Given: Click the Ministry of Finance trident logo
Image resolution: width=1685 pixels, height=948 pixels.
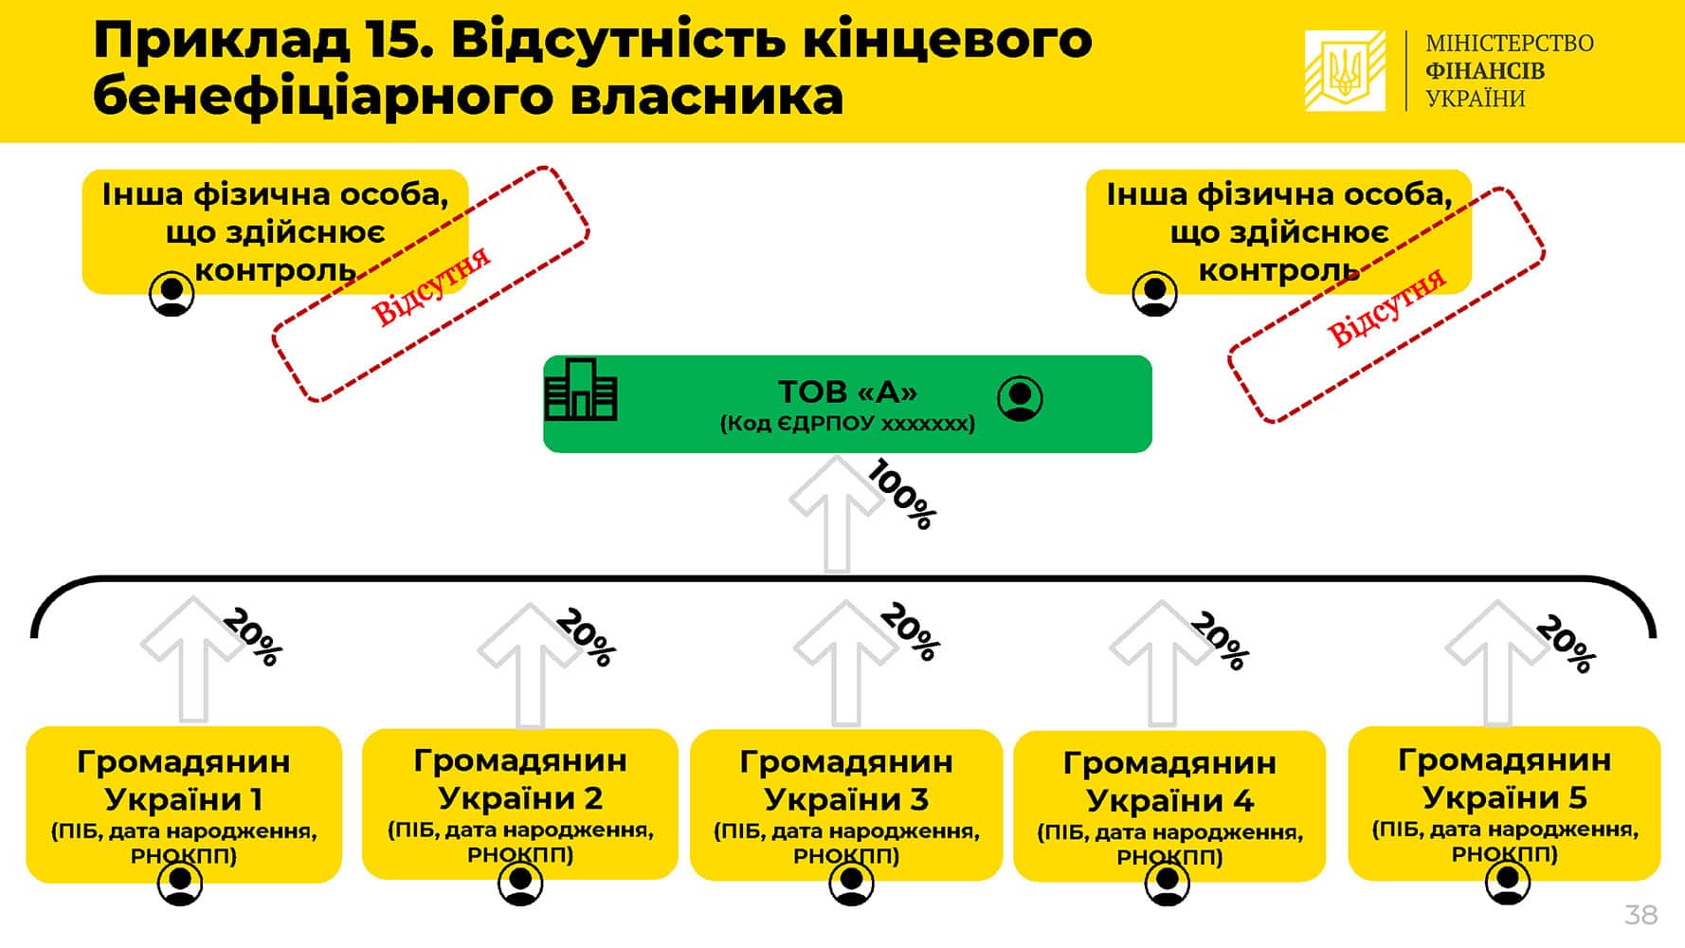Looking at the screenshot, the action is (1345, 70).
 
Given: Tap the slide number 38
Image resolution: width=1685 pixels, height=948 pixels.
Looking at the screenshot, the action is (1640, 915).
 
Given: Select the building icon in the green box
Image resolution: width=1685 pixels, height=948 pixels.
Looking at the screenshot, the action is (581, 390).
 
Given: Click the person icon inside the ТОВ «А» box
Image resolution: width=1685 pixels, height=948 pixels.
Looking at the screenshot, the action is (1020, 399).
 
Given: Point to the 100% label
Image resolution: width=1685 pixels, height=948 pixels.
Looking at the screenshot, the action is (902, 494).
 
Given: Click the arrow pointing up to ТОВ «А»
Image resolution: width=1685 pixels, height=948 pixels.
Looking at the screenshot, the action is (836, 515).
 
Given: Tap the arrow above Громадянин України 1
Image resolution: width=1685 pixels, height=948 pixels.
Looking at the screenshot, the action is (193, 659).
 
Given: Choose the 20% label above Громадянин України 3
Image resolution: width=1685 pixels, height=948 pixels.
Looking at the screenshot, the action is (910, 631).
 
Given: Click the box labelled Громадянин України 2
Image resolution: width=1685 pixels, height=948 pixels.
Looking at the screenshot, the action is (520, 804).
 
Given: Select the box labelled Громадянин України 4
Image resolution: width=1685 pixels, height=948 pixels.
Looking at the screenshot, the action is (1169, 806).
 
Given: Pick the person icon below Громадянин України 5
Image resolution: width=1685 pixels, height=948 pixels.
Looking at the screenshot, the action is (1507, 884).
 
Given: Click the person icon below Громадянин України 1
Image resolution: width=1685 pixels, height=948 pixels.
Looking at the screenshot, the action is (180, 884).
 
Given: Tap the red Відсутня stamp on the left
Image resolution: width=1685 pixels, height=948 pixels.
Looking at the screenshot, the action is (431, 283).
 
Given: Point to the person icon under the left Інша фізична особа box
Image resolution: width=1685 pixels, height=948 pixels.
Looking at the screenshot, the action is (172, 294).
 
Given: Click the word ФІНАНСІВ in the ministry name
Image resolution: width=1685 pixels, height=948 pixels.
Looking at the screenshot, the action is (1485, 71).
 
